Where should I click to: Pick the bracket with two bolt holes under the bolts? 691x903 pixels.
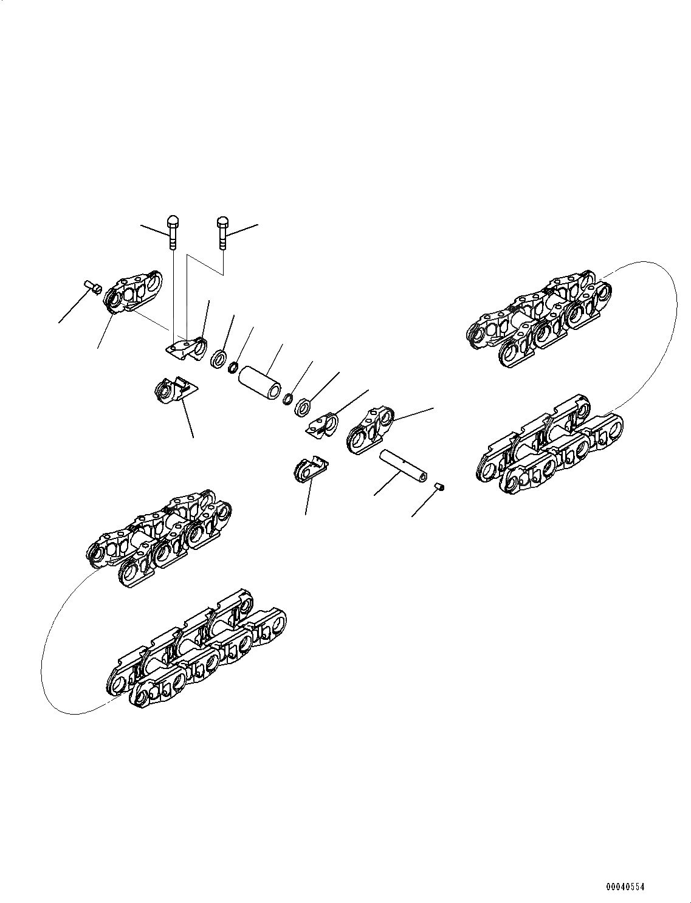point(186,348)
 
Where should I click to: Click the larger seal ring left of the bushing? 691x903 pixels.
point(219,359)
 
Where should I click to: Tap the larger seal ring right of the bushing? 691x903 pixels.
point(302,408)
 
